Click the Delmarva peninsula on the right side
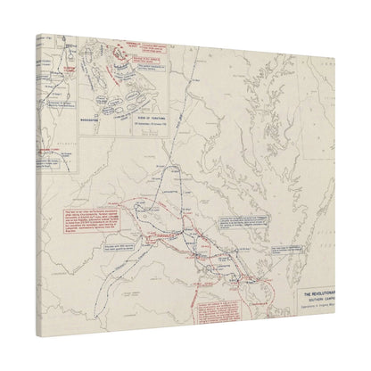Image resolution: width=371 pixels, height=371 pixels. [x=312, y=178]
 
